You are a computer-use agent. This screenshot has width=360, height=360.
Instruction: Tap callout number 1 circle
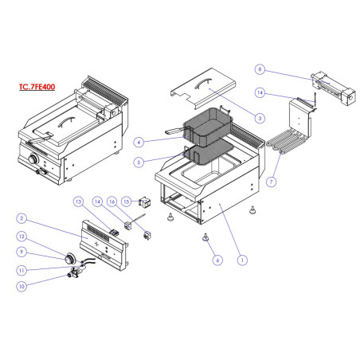click(x=243, y=258)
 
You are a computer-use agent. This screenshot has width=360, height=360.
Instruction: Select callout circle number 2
click(x=22, y=217)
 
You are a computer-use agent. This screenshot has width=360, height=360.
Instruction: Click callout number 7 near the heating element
click(x=272, y=182)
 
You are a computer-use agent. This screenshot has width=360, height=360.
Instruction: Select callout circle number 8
click(x=260, y=69)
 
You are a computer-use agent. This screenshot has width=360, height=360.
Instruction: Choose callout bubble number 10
click(x=22, y=284)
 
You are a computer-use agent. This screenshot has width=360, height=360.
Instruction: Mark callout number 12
click(x=22, y=237)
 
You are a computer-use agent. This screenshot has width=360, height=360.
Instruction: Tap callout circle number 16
click(x=135, y=202)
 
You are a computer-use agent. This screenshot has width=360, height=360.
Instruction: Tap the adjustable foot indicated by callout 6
click(x=206, y=237)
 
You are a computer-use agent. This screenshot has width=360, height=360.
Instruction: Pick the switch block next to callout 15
click(x=146, y=202)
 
